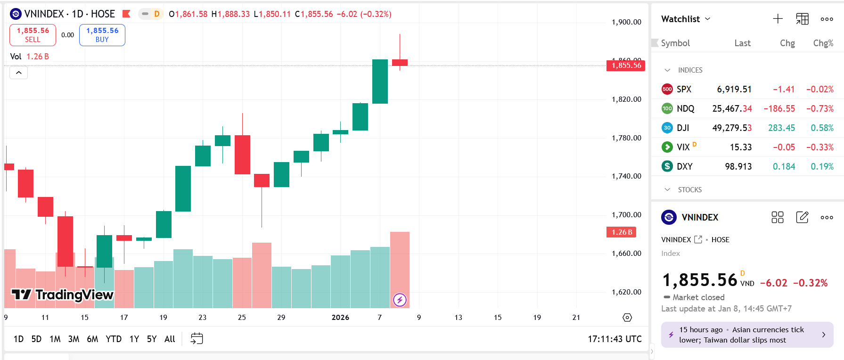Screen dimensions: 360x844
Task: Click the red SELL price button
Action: coord(33,35)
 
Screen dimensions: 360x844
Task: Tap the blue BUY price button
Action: coord(102,35)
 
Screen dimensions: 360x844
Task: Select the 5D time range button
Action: coord(36,339)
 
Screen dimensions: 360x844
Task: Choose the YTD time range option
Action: coord(114,339)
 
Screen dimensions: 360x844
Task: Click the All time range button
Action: coord(170,339)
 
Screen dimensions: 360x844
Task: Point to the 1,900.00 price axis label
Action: coord(626,22)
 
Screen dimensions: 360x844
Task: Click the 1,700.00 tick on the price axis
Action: coord(626,215)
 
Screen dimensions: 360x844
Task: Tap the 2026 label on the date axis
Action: coord(340,318)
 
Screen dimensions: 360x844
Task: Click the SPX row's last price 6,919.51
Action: coord(734,90)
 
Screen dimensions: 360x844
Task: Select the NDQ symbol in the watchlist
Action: coord(685,109)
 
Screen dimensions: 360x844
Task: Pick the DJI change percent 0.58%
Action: coord(822,128)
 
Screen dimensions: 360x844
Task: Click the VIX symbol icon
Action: coord(667,147)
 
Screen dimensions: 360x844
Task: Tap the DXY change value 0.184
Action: coord(784,167)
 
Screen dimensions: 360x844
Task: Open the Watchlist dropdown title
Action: coord(686,19)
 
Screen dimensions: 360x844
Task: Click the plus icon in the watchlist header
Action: coord(778,19)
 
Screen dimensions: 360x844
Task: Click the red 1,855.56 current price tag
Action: coord(626,65)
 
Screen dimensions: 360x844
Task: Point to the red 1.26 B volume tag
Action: coord(622,232)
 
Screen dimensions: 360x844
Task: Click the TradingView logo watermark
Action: coord(62,295)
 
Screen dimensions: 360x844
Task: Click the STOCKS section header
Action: coord(689,190)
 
